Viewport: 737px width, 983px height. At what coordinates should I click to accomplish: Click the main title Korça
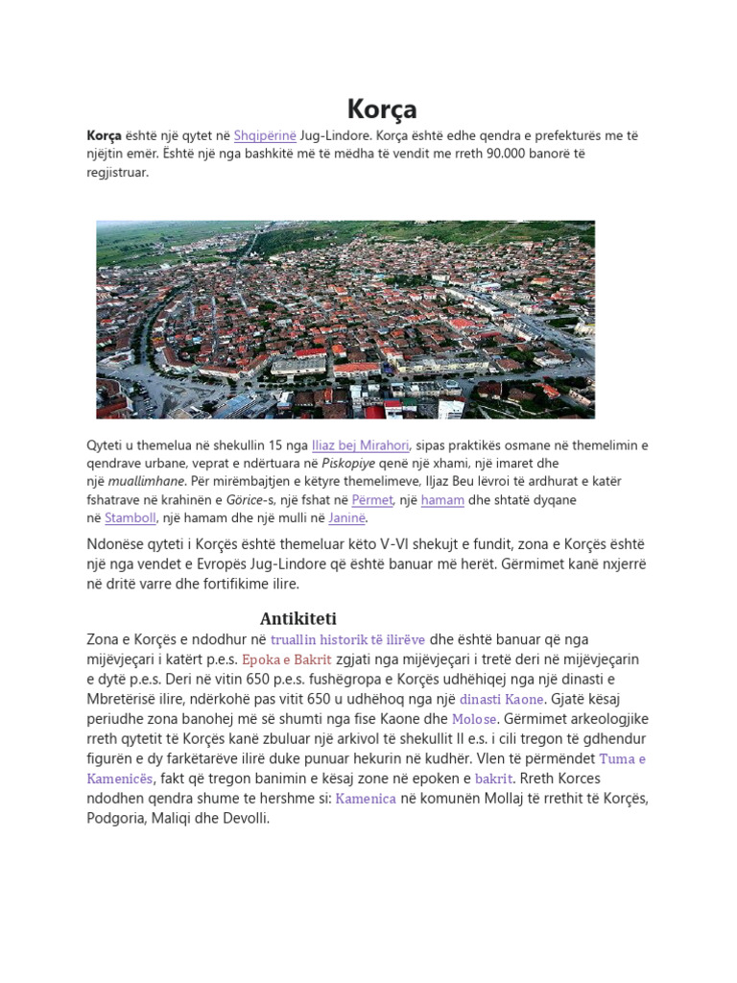click(x=381, y=109)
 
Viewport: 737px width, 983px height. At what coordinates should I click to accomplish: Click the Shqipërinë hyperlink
click(x=265, y=136)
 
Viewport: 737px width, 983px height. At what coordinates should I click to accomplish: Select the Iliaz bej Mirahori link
click(x=361, y=444)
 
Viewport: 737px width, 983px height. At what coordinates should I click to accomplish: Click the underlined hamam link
click(x=442, y=499)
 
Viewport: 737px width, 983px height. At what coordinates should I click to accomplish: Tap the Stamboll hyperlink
click(x=130, y=517)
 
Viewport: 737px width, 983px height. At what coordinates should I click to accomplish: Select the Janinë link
click(x=346, y=517)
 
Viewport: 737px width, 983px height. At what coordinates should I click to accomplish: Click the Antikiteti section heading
click(x=298, y=618)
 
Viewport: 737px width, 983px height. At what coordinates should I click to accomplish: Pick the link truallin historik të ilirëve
click(x=347, y=639)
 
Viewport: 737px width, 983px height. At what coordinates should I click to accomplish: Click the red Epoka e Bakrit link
click(x=287, y=659)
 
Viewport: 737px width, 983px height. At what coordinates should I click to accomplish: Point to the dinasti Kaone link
click(x=502, y=699)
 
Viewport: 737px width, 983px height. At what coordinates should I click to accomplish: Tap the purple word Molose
click(x=475, y=719)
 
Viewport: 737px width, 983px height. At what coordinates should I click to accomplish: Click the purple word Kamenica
click(x=366, y=799)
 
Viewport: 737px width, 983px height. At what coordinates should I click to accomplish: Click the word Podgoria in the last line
click(x=118, y=819)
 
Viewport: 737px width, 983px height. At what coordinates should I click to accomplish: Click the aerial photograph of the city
click(x=345, y=320)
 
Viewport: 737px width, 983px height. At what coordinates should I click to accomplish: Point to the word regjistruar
click(x=117, y=173)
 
